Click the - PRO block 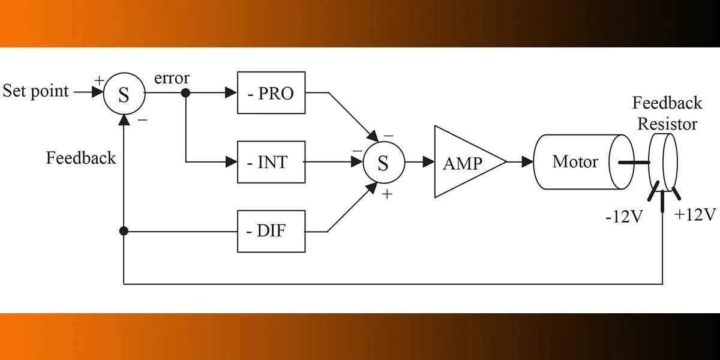(x=271, y=93)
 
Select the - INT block (x=271, y=162)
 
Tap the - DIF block (x=271, y=231)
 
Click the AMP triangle (x=465, y=161)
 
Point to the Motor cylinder (x=576, y=162)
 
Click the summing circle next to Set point (x=124, y=94)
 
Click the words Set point (x=36, y=92)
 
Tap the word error (x=172, y=79)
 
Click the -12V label (x=624, y=217)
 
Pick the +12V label (x=695, y=214)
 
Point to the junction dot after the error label (x=186, y=93)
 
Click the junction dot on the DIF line (x=124, y=231)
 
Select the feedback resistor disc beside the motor (x=664, y=162)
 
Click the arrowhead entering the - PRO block (x=231, y=93)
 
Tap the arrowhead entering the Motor (x=527, y=162)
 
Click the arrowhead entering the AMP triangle (x=428, y=162)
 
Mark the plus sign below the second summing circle (x=388, y=194)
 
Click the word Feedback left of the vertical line (x=81, y=158)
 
